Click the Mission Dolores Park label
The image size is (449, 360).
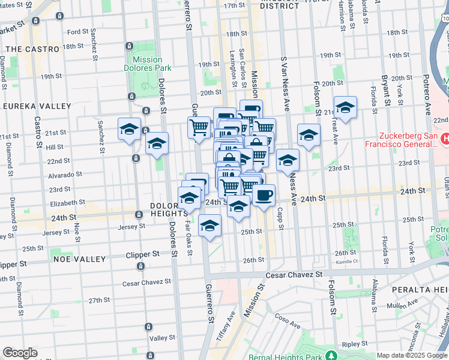[x=147, y=64]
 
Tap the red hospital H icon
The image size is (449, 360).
[x=445, y=139]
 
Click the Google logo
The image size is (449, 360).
[x=20, y=353]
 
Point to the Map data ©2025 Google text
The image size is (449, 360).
[x=412, y=355]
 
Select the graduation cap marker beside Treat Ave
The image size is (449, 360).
[x=345, y=109]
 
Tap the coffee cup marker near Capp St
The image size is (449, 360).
[x=264, y=195]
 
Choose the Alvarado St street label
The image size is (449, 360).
[x=65, y=175]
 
